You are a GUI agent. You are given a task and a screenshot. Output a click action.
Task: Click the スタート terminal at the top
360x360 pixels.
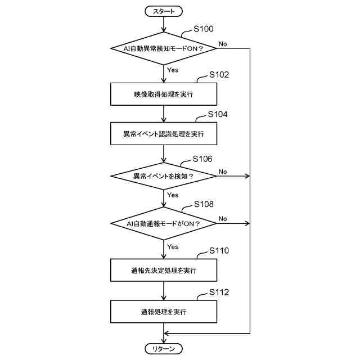[x=164, y=11]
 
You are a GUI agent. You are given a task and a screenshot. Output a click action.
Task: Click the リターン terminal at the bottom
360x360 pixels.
[x=164, y=349]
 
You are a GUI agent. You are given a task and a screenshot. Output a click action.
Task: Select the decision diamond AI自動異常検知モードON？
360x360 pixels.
[x=163, y=48]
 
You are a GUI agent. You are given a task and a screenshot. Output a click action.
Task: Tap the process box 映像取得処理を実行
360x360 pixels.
[x=163, y=94]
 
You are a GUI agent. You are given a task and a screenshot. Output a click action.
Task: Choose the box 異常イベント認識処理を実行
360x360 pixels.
[x=163, y=134]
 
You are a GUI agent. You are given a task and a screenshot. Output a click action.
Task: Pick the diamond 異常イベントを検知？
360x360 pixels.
[x=163, y=176]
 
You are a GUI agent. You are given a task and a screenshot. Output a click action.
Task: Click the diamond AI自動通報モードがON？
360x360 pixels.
[x=163, y=223]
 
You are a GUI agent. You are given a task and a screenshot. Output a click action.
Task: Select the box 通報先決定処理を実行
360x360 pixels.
[x=163, y=271]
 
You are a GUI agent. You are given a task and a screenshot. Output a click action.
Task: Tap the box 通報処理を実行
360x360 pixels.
[x=163, y=311]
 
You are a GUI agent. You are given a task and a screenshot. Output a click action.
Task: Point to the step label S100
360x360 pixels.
[x=203, y=28]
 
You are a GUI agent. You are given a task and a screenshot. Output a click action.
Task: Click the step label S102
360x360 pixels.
[x=219, y=74]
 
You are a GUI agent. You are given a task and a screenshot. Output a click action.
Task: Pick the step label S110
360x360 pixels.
[x=219, y=250]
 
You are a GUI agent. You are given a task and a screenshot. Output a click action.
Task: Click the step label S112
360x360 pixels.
[x=219, y=291]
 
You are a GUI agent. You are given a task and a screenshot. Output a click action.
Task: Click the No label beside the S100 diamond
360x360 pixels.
[x=223, y=43]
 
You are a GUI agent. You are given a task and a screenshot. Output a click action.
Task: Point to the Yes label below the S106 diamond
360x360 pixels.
[x=173, y=195]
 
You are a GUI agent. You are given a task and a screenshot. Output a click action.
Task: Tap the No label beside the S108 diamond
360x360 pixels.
[x=223, y=218]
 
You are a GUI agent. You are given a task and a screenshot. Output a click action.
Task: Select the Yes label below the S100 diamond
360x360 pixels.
[x=173, y=70]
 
